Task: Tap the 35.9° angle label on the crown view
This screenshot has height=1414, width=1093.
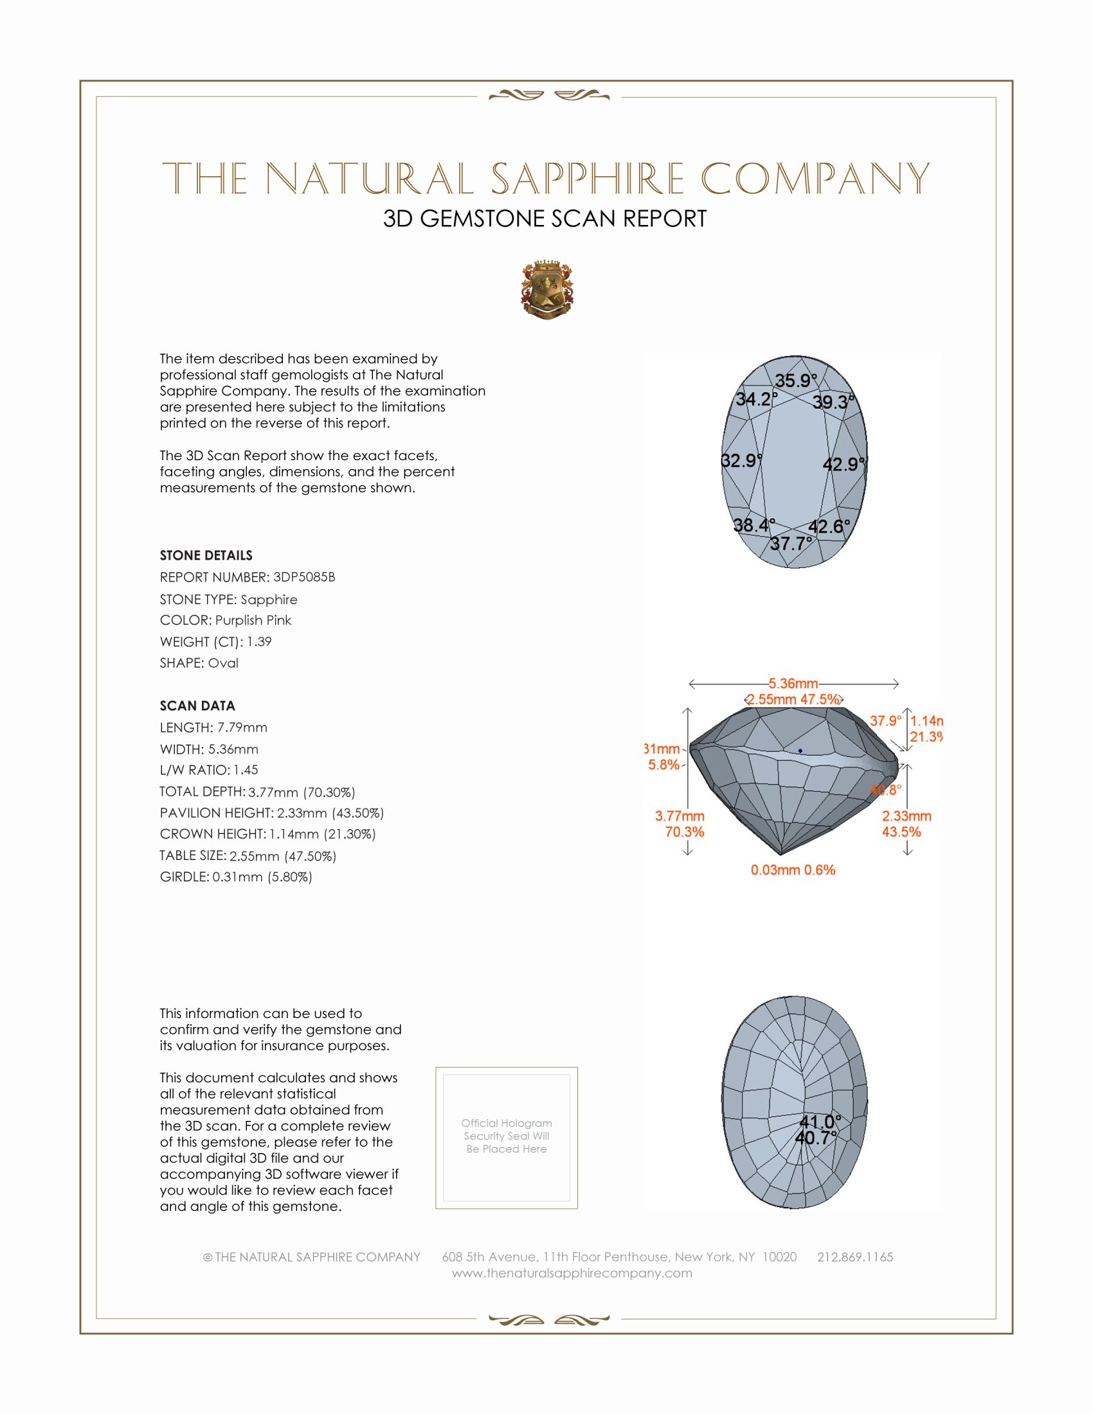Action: [x=796, y=380]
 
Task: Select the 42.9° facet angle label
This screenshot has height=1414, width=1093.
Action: [x=843, y=464]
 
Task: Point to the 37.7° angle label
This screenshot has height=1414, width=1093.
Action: [x=791, y=543]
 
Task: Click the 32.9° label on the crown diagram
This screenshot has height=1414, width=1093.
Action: [x=741, y=460]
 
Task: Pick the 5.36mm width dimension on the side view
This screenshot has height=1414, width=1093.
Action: [x=793, y=684]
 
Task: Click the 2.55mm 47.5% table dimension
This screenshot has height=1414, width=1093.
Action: [x=793, y=699]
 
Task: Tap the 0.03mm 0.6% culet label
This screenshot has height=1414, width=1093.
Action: [x=793, y=870]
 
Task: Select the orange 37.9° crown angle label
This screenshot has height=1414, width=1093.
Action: [x=885, y=720]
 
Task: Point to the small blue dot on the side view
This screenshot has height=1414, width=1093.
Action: [x=800, y=751]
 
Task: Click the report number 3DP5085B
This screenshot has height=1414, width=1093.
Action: [x=303, y=577]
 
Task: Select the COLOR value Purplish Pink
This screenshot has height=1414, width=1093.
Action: [x=253, y=620]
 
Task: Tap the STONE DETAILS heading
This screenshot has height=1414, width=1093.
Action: [x=206, y=555]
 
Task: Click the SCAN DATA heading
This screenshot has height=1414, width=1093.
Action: [x=197, y=706]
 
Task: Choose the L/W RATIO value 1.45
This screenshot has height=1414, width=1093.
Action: [x=246, y=770]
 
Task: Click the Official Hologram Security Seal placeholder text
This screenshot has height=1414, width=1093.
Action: [x=507, y=1136]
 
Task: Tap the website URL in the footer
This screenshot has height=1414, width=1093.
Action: [x=572, y=1273]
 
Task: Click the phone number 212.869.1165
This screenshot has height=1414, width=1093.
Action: [x=854, y=1257]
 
